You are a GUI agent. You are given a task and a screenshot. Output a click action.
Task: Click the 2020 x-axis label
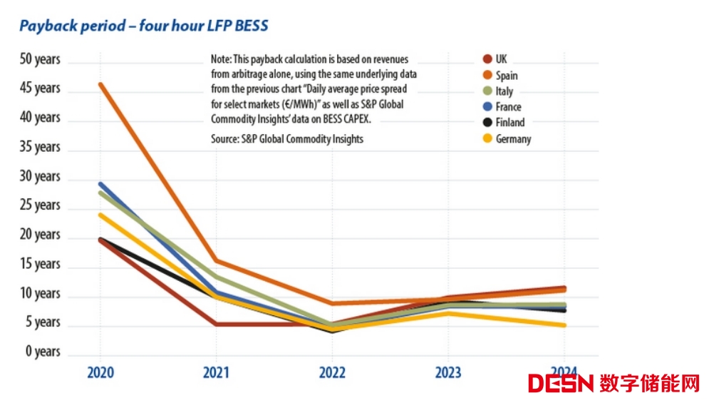point(100,372)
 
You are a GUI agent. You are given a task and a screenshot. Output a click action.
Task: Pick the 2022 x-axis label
point(332,372)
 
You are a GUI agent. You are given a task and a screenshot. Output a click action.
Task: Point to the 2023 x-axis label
point(447,372)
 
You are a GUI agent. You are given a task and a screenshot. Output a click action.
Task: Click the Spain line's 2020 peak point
point(100,84)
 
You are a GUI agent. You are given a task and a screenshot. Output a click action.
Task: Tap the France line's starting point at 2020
point(100,184)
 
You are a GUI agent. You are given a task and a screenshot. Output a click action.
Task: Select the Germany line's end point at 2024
point(564,325)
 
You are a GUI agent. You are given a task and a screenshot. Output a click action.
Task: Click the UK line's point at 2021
point(216,325)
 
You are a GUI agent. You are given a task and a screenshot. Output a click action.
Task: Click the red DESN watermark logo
point(561,383)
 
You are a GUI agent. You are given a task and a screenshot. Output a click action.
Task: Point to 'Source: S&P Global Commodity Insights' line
point(286,139)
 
